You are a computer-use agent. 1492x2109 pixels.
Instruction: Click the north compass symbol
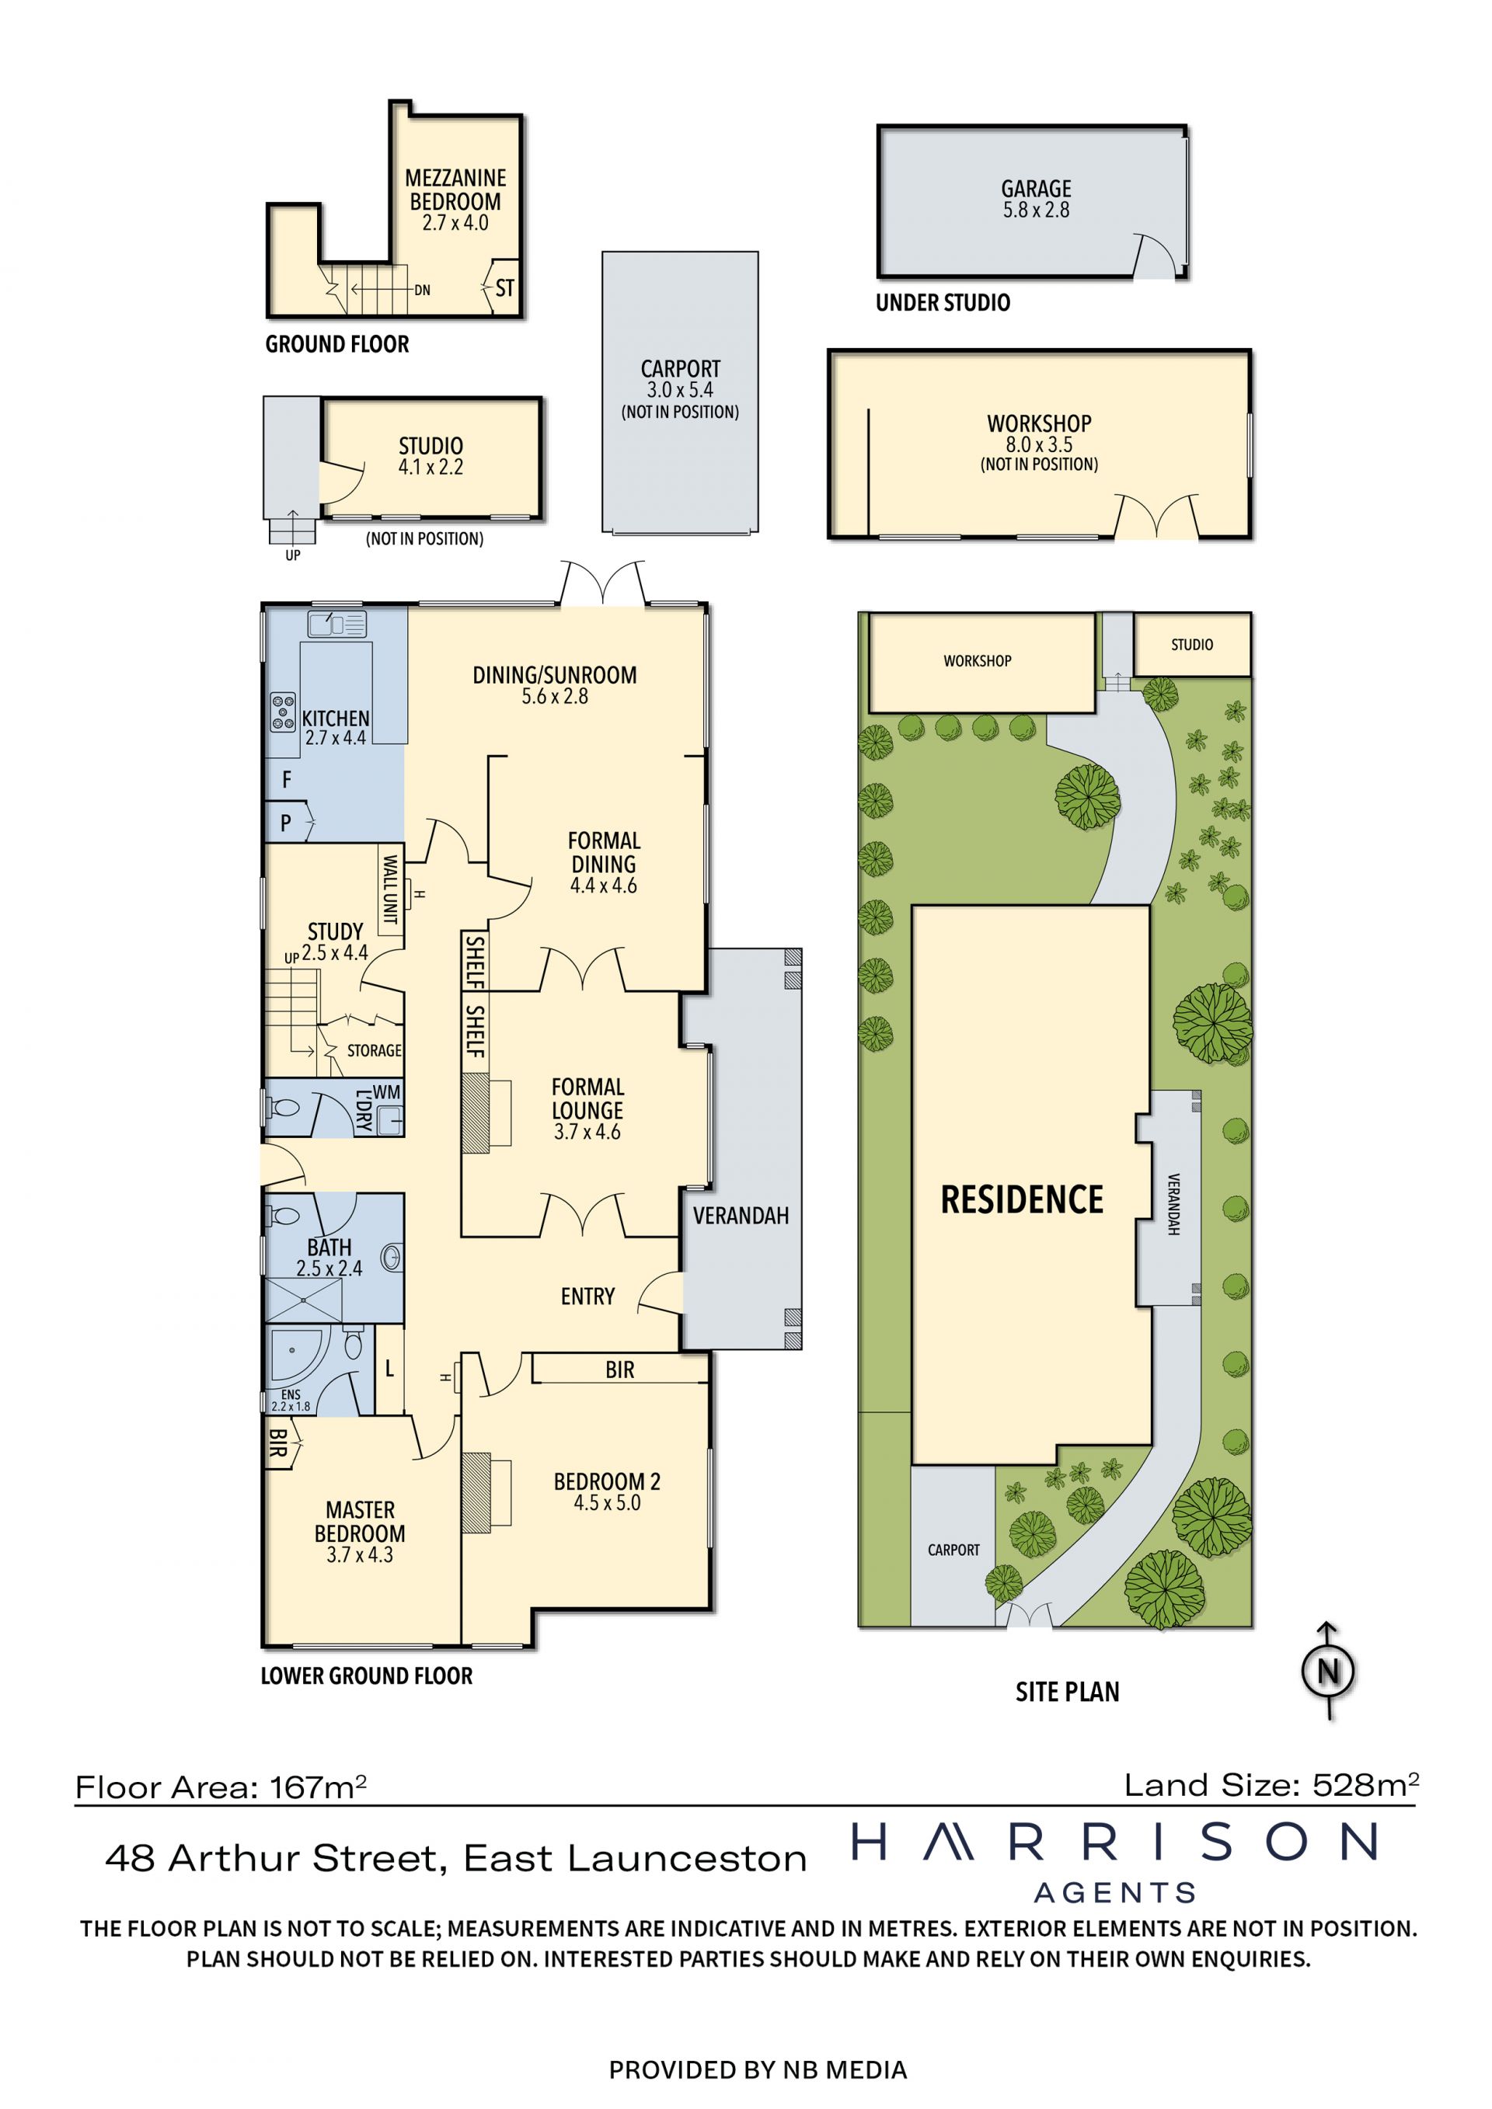tap(1329, 1670)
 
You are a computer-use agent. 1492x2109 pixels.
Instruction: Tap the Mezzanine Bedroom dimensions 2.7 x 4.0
tap(455, 223)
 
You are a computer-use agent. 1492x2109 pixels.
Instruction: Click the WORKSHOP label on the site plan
tap(978, 661)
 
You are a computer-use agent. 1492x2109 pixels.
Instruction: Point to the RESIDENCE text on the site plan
tap(1022, 1199)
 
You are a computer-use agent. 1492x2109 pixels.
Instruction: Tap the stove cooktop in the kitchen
tap(283, 712)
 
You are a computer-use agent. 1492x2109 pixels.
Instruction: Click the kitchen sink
tap(337, 624)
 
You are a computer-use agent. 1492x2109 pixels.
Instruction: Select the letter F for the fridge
tap(287, 780)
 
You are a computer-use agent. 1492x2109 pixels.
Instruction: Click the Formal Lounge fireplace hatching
tap(476, 1115)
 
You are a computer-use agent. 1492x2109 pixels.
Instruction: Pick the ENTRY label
tap(588, 1296)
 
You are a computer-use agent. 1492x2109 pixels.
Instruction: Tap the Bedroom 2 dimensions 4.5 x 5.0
tap(607, 1504)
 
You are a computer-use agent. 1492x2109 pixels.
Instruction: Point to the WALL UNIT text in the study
tap(389, 889)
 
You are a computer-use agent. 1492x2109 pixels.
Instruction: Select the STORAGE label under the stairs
tap(374, 1051)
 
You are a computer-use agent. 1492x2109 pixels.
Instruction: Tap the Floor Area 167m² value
tap(221, 1787)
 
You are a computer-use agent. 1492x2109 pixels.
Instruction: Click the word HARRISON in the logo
tap(1114, 1841)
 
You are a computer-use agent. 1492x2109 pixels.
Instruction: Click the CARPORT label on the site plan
tap(953, 1550)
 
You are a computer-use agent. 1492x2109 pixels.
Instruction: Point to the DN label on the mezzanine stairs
tap(422, 291)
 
